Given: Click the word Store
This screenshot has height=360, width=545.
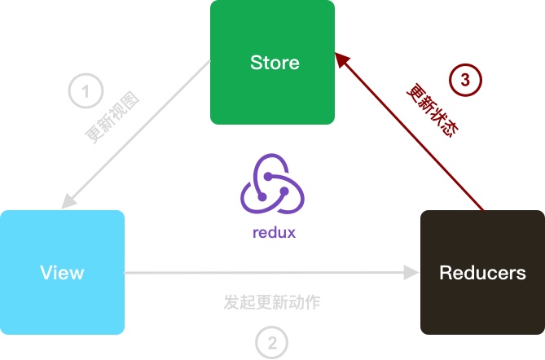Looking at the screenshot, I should point(275,63).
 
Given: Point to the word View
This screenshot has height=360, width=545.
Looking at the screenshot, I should point(62,272).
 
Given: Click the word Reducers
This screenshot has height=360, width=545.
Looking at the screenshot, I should point(482,272).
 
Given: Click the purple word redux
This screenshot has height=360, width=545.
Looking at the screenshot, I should point(274,232).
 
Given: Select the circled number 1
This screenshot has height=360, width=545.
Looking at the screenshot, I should point(86,91).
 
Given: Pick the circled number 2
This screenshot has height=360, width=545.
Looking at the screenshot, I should point(272,342).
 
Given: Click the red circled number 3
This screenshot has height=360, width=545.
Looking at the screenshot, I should point(465,80).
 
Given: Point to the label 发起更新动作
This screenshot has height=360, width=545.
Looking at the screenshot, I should point(272,302).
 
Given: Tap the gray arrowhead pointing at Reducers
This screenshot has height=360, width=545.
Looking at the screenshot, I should point(409,272).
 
